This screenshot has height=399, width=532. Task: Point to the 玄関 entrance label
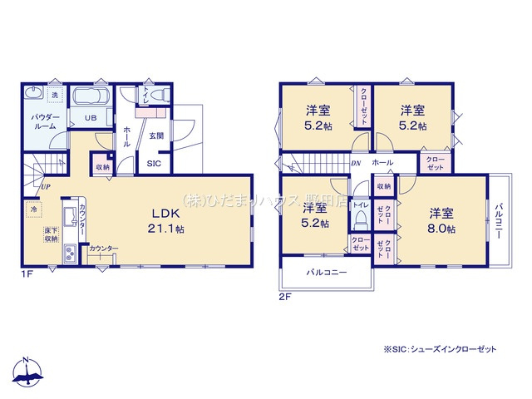click(x=156, y=135)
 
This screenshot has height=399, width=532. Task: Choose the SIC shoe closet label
click(x=155, y=164)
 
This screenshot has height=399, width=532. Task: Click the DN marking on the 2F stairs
click(x=356, y=164)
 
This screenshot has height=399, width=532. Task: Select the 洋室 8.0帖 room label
click(x=441, y=219)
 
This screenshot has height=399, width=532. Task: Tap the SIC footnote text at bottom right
click(x=439, y=349)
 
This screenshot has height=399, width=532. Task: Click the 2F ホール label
click(x=383, y=162)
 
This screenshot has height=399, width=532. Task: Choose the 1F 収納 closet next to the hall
click(x=101, y=167)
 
